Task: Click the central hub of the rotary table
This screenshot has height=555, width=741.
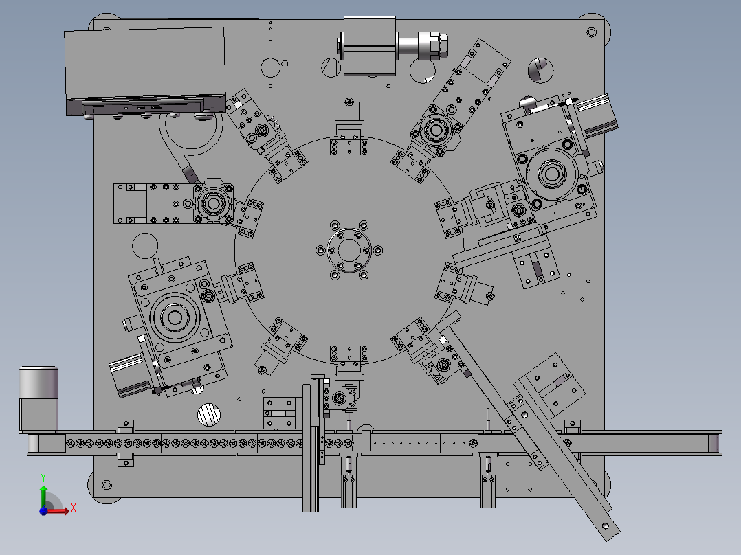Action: pos(349,250)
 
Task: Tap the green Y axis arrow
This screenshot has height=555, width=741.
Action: pos(43,494)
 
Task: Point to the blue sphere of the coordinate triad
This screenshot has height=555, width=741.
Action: pos(43,510)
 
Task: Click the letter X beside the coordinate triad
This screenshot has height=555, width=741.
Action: pos(74,508)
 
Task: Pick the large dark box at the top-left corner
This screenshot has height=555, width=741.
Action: pos(144,71)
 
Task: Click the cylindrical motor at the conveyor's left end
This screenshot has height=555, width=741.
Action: pos(38,398)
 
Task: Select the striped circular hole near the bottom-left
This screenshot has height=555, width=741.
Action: pos(208,415)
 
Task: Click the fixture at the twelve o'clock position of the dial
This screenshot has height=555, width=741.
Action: pos(349,131)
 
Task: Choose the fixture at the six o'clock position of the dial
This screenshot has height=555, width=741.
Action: pos(349,363)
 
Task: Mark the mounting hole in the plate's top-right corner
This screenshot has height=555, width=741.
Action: pos(591,32)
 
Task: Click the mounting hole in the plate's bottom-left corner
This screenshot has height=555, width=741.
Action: pos(107,485)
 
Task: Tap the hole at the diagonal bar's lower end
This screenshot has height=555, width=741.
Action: pos(606,525)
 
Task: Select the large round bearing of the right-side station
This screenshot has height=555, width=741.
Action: pos(551,173)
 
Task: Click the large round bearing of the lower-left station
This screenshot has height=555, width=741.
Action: pos(175,317)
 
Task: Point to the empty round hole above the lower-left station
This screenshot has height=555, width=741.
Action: pos(145,246)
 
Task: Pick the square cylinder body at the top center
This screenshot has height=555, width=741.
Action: pos(369,46)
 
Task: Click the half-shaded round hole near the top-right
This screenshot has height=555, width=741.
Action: pos(540,70)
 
